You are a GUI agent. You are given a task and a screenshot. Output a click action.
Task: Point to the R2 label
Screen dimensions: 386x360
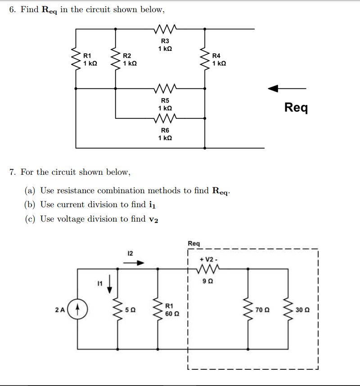(127, 55)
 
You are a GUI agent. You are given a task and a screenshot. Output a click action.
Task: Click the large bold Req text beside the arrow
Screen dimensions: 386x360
(296, 107)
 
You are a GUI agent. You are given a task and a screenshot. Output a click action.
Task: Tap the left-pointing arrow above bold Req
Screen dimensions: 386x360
(287, 88)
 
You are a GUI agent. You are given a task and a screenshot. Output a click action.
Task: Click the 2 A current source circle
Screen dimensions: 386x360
(79, 310)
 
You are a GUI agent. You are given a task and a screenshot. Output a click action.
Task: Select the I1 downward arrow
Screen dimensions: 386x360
(108, 285)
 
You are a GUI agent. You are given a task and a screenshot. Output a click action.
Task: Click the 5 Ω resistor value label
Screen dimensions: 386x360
(130, 310)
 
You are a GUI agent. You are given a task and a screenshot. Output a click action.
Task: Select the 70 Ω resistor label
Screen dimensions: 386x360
(261, 310)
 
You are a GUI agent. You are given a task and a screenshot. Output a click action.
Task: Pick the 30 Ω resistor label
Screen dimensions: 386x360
(301, 310)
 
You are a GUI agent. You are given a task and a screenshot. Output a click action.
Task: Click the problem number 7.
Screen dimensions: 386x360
(12, 172)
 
